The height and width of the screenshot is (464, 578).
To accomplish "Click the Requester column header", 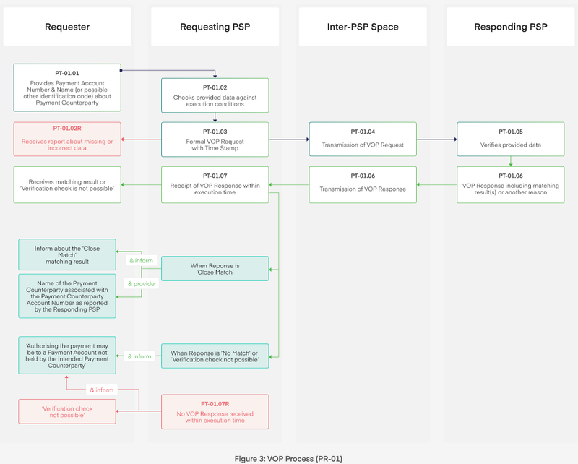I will pos(67,27).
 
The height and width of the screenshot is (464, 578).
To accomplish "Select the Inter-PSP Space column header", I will pos(363,27).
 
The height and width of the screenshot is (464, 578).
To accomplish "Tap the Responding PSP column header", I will pos(510,27).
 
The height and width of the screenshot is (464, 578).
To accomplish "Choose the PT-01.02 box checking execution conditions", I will pos(215,96).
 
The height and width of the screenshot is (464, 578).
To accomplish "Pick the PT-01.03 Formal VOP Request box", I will pos(215,139).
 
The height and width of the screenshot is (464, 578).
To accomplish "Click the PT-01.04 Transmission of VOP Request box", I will pos(363,139).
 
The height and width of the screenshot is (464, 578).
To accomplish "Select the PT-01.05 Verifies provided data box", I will pos(510,139).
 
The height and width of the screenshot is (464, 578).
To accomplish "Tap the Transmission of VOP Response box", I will pos(363,184).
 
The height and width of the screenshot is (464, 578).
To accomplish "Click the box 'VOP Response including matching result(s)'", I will pos(510,184).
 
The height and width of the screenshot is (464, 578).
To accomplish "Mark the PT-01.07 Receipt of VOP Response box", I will pos(215,184).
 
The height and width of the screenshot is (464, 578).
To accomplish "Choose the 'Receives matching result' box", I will pos(66,184).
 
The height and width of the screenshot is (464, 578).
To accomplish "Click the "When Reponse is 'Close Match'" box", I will pos(215,270).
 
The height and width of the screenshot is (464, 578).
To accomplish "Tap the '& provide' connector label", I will pos(141,283).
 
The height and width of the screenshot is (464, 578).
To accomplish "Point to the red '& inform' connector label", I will pos(101,390).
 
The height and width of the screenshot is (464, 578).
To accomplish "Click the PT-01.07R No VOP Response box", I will pos(215,411).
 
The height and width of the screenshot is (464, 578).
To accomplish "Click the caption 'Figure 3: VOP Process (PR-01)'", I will pos(289,457).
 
